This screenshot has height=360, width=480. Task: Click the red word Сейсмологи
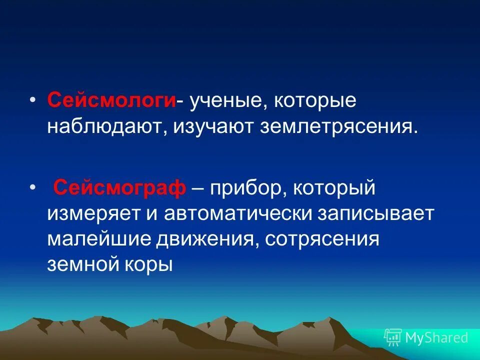click(x=111, y=100)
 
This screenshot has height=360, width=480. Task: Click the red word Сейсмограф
click(x=120, y=189)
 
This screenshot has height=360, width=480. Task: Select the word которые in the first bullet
click(x=313, y=100)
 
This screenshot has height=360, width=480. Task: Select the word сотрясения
click(x=322, y=239)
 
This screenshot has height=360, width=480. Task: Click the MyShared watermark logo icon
click(x=393, y=337)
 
